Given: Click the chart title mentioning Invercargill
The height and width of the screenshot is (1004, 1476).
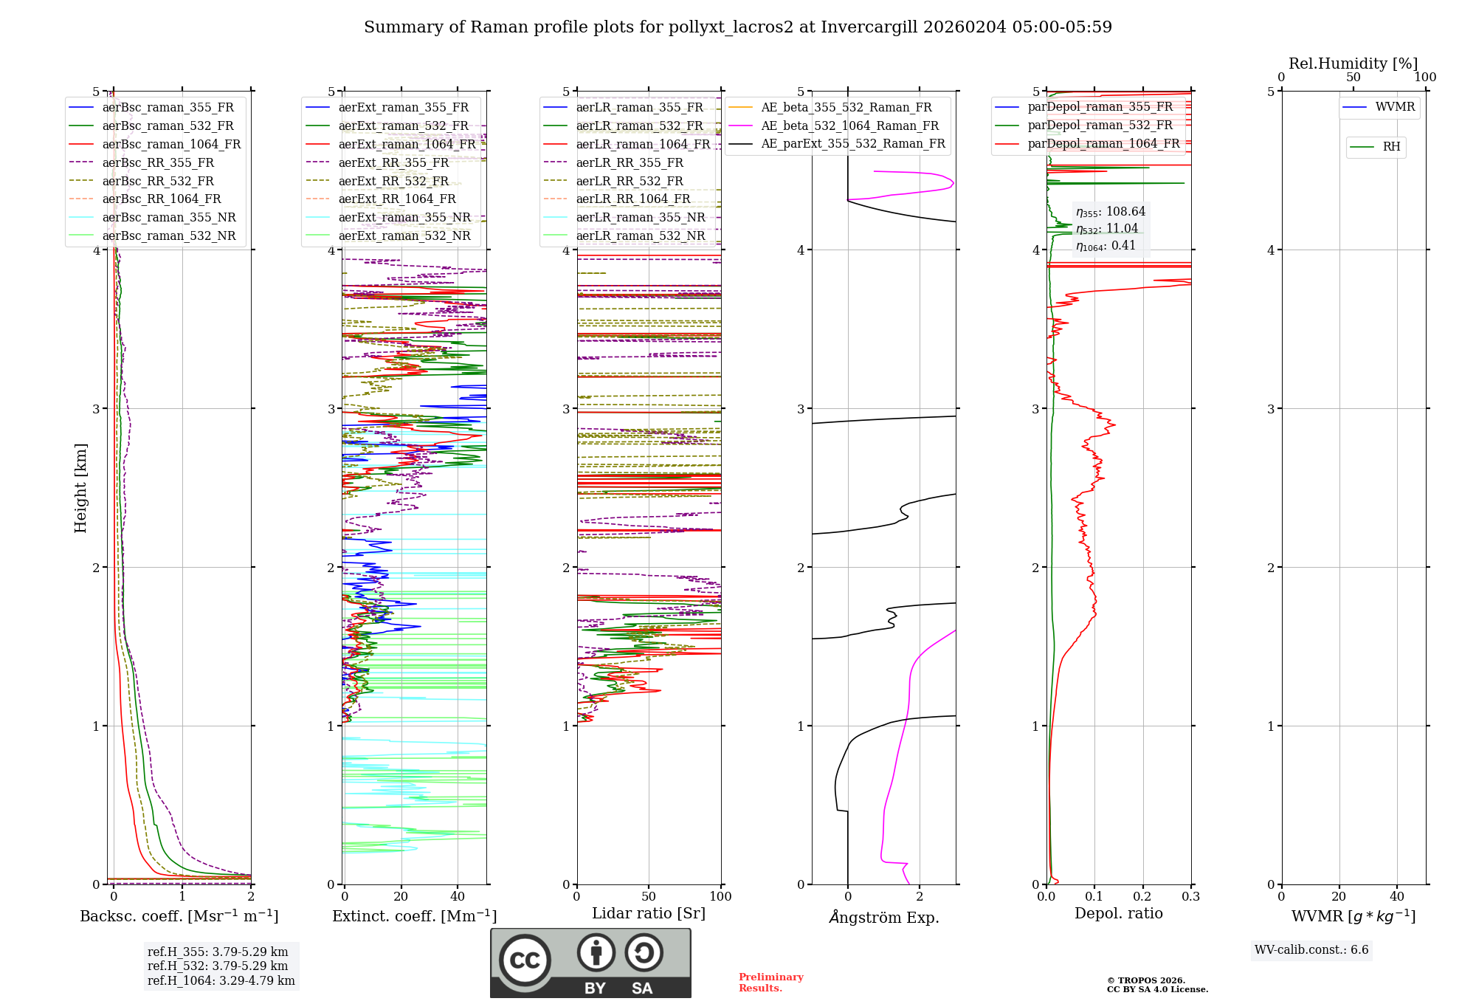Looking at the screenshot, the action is tap(738, 27).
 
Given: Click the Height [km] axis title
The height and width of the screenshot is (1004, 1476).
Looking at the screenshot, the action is tap(80, 488).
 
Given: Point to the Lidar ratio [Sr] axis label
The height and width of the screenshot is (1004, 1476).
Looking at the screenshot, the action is tap(649, 913).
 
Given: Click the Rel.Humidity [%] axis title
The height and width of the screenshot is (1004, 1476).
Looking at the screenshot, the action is tap(1353, 63).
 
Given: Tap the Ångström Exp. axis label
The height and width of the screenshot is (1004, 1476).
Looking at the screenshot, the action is tap(884, 917).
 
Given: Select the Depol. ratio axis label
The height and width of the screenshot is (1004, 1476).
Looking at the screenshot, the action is tap(1119, 913).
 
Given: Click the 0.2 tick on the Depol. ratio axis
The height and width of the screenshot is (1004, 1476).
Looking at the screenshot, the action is tap(1142, 896).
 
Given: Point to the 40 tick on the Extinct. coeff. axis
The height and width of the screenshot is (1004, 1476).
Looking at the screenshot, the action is tap(458, 896).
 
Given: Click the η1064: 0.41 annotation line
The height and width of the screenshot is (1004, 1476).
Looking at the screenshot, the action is tap(1106, 246).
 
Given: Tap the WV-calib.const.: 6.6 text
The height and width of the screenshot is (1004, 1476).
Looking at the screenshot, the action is tap(1311, 949).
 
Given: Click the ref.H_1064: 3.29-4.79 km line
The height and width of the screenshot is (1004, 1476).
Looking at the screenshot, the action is tap(221, 980).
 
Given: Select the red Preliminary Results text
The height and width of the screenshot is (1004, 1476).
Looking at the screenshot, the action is tap(771, 983).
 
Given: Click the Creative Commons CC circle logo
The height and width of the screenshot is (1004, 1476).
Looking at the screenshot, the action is tap(525, 960).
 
